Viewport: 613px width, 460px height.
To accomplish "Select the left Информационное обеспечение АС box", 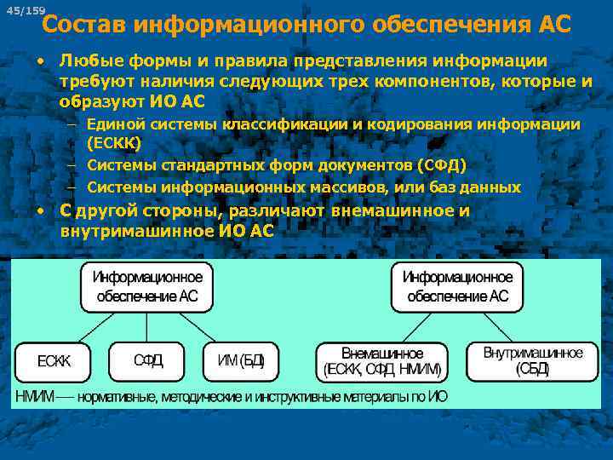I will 147,287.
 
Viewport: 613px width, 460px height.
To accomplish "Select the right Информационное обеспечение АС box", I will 457,287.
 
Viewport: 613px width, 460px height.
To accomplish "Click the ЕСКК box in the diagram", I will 54,360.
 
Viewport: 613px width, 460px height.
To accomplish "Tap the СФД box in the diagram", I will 148,360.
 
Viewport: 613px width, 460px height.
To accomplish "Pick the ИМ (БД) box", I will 241,360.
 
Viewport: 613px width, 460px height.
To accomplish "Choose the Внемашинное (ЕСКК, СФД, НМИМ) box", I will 382,361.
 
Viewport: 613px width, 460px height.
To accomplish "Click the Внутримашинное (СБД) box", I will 533,361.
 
